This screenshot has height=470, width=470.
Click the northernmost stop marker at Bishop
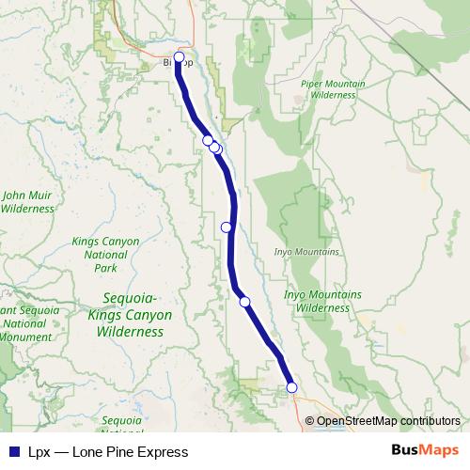179,57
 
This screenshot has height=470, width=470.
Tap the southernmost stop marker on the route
291,387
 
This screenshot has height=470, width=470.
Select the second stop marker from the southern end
244,302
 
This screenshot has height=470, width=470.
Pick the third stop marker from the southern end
226,227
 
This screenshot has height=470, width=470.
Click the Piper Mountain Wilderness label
333,89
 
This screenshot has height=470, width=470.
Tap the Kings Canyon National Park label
105,255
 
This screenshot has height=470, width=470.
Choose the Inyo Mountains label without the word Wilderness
306,253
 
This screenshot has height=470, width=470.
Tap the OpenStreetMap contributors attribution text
388,421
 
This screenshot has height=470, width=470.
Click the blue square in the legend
13,452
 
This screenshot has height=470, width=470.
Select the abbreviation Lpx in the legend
39,452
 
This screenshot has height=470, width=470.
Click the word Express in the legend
163,452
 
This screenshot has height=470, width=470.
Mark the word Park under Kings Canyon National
105,268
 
